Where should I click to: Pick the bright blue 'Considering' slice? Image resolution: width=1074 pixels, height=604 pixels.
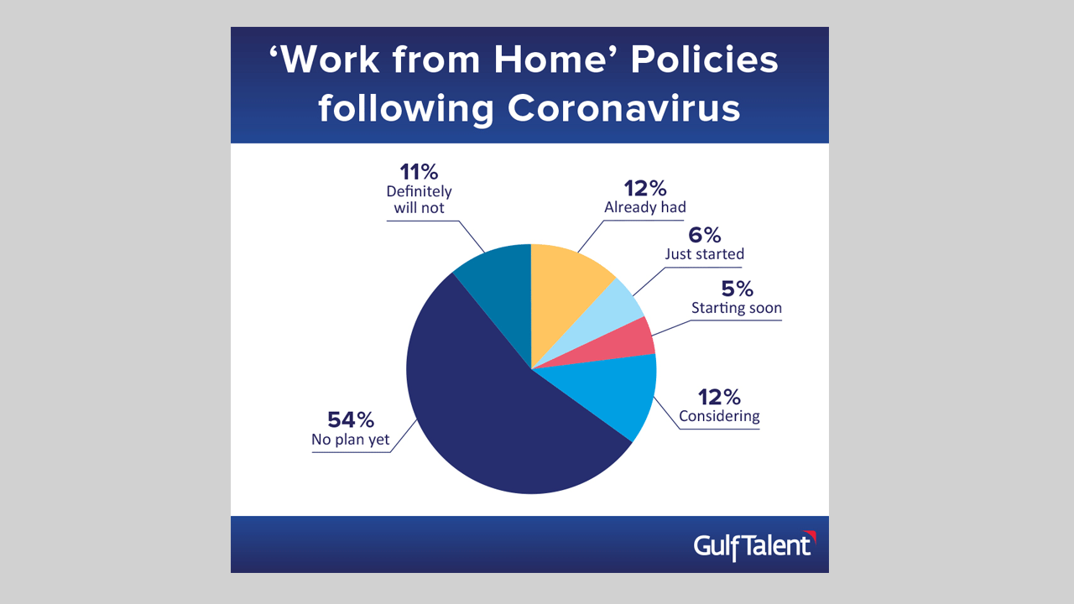618,388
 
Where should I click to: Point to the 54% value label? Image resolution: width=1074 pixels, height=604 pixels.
351,420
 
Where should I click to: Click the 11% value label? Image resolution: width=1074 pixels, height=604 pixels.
419,172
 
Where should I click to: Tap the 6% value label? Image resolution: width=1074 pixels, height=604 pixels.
704,235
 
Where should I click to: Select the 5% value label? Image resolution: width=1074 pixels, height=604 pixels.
737,289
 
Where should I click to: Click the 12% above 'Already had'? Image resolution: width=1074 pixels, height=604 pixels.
645,189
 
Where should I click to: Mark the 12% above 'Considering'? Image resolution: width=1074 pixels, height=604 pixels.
719,397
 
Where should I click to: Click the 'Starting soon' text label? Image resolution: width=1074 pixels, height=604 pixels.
737,308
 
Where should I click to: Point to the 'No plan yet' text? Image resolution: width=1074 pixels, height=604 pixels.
351,440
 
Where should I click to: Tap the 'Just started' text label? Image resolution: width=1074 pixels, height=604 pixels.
704,253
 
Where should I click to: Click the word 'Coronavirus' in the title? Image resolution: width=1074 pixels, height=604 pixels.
623,108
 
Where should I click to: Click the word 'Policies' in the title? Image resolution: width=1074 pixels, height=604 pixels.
704,60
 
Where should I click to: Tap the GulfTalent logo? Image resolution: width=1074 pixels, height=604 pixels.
754,546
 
